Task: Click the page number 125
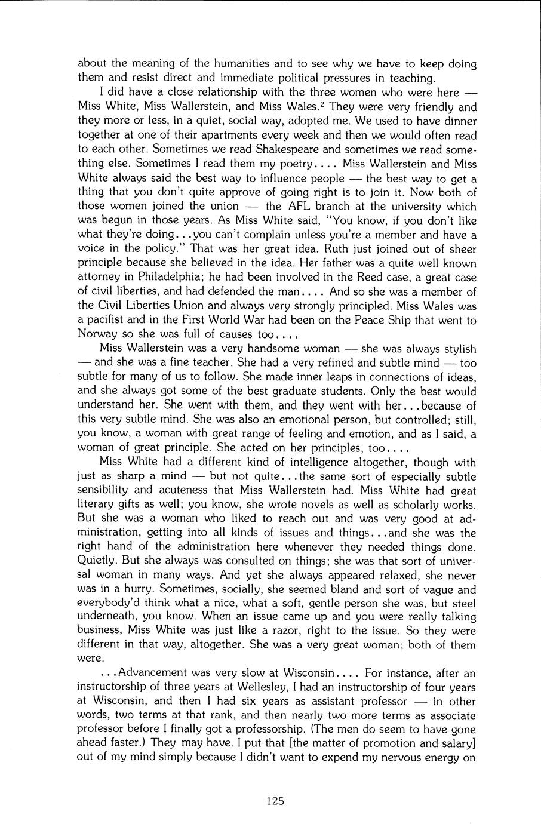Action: click(x=275, y=801)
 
